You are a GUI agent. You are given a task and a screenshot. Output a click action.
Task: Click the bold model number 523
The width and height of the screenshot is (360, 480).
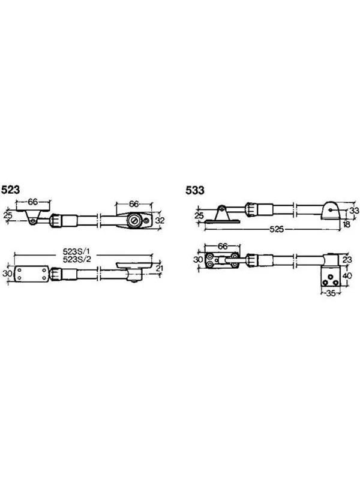pos(10,190)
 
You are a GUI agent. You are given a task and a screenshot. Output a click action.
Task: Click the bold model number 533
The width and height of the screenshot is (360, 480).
pos(194,190)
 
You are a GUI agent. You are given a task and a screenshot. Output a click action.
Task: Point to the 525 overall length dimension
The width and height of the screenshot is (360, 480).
pos(277,229)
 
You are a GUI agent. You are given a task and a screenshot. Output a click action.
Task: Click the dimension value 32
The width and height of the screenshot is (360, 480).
pos(160,220)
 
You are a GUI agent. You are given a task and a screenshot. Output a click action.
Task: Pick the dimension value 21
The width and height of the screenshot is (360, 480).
pos(159,268)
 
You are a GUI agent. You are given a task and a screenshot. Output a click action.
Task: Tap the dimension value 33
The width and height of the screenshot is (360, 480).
pos(354,211)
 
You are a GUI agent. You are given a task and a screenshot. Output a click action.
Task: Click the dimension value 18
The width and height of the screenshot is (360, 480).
pos(346,224)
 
